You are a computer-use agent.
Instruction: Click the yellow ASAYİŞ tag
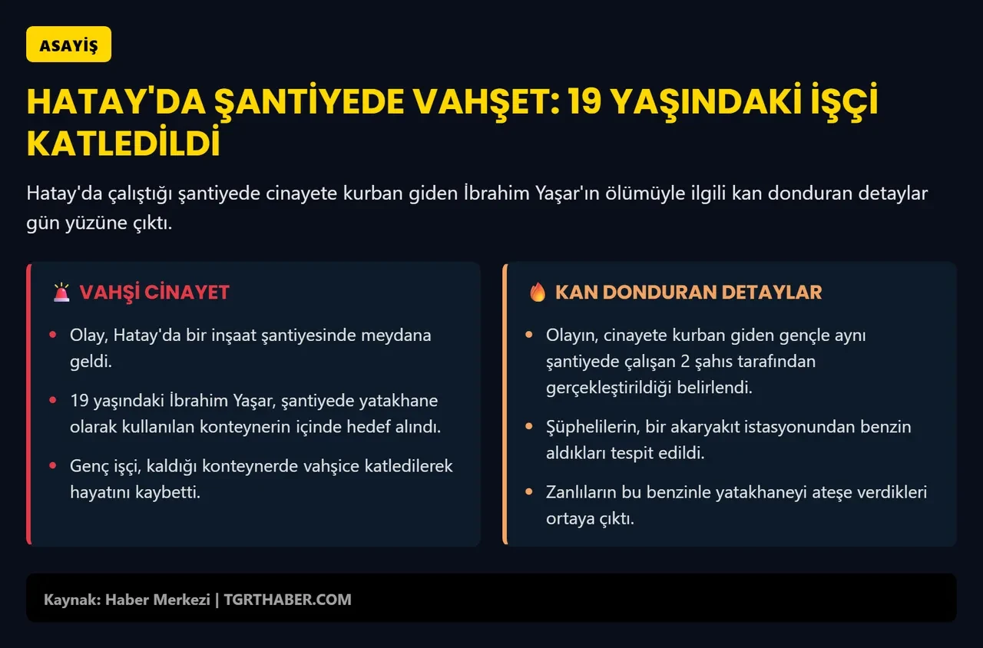point(68,45)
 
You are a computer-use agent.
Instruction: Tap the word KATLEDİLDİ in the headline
point(124,144)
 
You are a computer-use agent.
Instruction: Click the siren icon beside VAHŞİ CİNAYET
point(61,293)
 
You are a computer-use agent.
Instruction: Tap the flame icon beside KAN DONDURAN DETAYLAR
point(538,293)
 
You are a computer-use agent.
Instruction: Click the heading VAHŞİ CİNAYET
point(154,293)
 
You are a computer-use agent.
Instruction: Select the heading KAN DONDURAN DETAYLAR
point(688,293)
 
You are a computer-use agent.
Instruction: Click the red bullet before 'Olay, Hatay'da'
point(52,336)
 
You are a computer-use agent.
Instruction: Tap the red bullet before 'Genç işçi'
point(52,466)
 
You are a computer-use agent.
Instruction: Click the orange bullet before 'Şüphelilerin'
point(528,427)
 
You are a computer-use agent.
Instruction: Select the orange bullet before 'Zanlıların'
point(528,492)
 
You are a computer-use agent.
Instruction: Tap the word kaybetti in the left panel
point(167,492)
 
